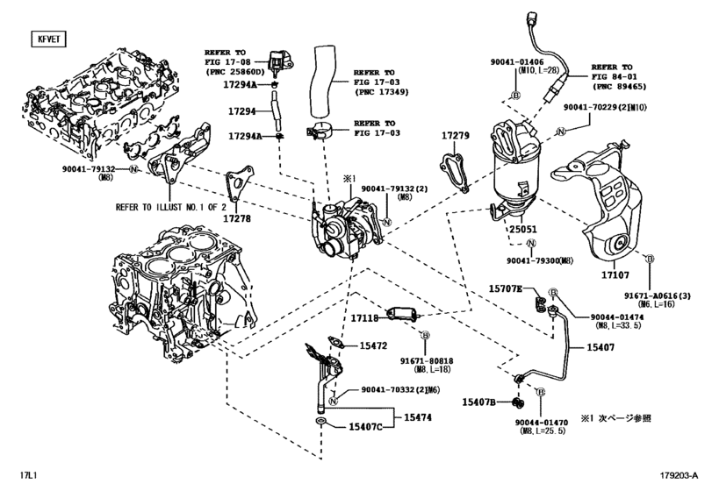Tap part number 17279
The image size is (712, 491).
tap(456, 138)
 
